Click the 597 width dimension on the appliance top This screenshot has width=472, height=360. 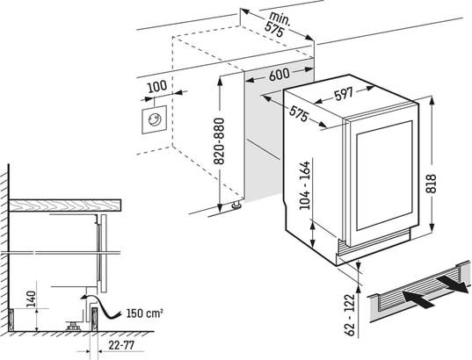pos(344,94)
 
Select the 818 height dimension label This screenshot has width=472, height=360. pos(431,184)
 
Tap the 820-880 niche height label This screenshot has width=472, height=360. pos(219,141)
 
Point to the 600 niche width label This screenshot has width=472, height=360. pos(279,75)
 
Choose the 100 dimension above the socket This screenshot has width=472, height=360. pos(157,86)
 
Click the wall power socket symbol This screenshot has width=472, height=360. pos(155,119)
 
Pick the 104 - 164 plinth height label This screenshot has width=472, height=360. pos(305,185)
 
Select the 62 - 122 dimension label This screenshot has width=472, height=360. pos(350,314)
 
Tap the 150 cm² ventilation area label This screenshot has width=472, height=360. pos(144,313)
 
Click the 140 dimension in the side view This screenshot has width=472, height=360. pos(31,299)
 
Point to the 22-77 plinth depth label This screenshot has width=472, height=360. pos(121,345)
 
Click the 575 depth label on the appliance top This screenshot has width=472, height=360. pos(299,112)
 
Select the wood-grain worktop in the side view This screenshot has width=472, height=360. pos(65,205)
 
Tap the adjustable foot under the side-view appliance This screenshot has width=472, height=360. pos(73,326)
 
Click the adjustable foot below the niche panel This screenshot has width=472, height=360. pos(236,205)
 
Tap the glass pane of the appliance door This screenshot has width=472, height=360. pos(384,176)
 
